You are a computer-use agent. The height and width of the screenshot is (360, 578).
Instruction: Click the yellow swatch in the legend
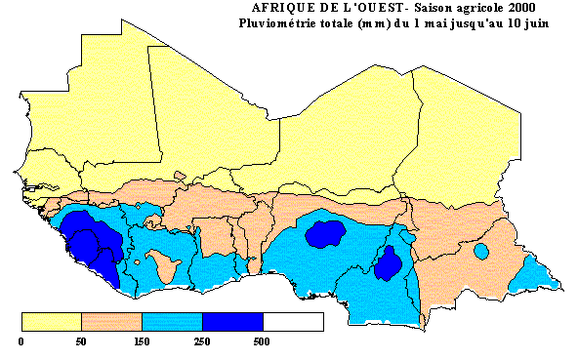click(51, 322)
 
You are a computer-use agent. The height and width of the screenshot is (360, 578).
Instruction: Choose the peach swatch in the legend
click(111, 322)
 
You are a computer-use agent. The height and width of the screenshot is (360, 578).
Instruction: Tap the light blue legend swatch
click(172, 322)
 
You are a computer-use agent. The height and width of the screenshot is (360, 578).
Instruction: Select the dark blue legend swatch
click(232, 322)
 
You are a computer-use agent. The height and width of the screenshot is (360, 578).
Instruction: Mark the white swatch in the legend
click(293, 322)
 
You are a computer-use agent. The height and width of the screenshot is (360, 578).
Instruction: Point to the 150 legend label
click(142, 342)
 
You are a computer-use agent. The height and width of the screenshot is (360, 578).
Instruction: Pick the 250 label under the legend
click(202, 342)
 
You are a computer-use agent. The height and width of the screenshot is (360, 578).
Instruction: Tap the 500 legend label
click(263, 342)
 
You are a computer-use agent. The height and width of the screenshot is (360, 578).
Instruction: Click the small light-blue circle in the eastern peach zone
click(480, 251)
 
